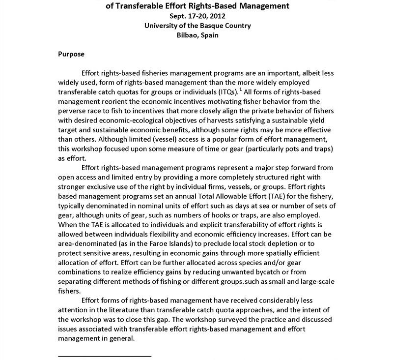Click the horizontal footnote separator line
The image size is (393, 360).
105,355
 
